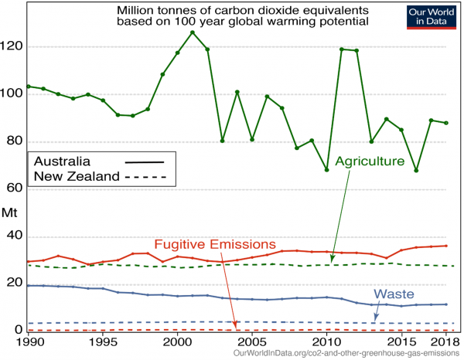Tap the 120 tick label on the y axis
point(13,46)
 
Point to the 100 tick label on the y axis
point(13,94)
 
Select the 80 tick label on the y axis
point(15,141)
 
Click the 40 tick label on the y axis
point(15,236)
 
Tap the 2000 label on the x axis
point(177,341)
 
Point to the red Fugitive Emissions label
point(215,243)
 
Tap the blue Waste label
point(394,294)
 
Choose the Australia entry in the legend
point(62,161)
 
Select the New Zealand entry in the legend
point(77,176)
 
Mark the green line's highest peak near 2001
point(193,32)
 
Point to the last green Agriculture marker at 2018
point(446,123)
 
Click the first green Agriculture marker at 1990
point(28,86)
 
